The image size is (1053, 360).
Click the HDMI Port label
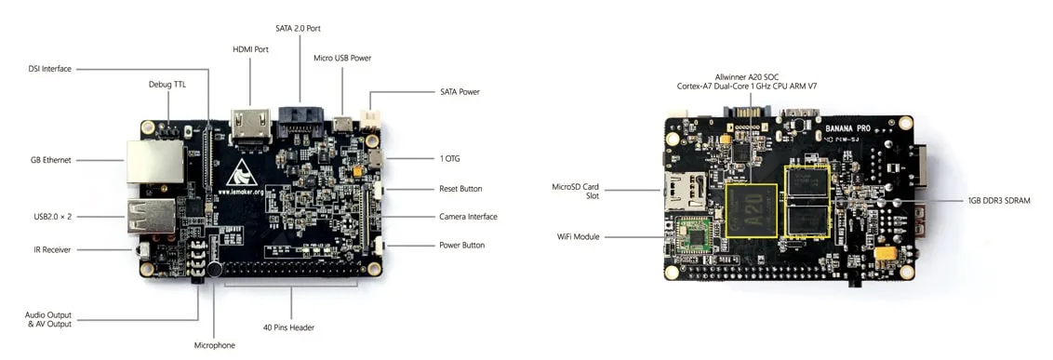pyautogui.click(x=250, y=49)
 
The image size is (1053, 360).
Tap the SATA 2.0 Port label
pyautogui.click(x=299, y=28)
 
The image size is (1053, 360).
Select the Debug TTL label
pyautogui.click(x=166, y=85)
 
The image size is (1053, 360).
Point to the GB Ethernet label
pyautogui.click(x=50, y=160)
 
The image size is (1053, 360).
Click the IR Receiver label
pyautogui.click(x=53, y=250)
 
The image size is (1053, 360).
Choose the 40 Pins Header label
pyautogui.click(x=288, y=327)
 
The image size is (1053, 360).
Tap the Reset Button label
pyautogui.click(x=460, y=189)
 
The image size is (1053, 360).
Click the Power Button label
pyautogui.click(x=462, y=246)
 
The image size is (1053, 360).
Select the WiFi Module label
pyautogui.click(x=578, y=236)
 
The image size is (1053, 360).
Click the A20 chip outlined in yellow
pyautogui.click(x=752, y=209)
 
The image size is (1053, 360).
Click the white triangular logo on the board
pyautogui.click(x=238, y=173)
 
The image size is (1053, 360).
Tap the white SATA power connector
pyautogui.click(x=369, y=120)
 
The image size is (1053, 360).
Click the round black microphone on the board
pyautogui.click(x=214, y=270)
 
